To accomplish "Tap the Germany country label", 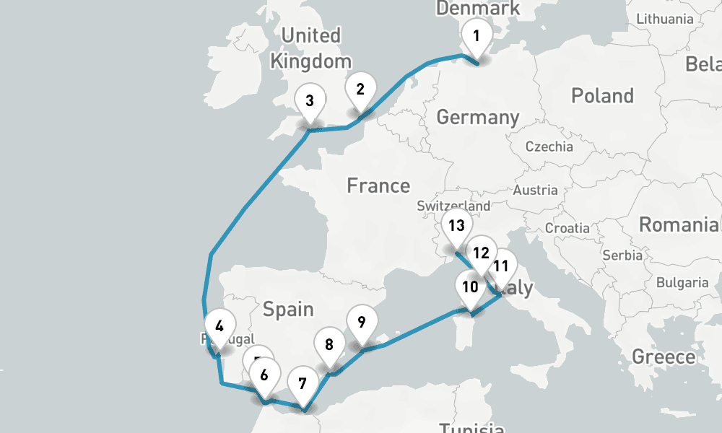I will pyautogui.click(x=478, y=117).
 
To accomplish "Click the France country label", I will pyautogui.click(x=378, y=185).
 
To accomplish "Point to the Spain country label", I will pyautogui.click(x=288, y=310).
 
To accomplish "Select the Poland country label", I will pyautogui.click(x=602, y=95).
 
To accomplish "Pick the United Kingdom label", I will pyautogui.click(x=311, y=48).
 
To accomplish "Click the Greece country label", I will pyautogui.click(x=664, y=357).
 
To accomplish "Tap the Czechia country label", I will pyautogui.click(x=549, y=146).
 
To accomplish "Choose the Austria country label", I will pyautogui.click(x=535, y=191).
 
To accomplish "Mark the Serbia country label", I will pyautogui.click(x=622, y=255).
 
